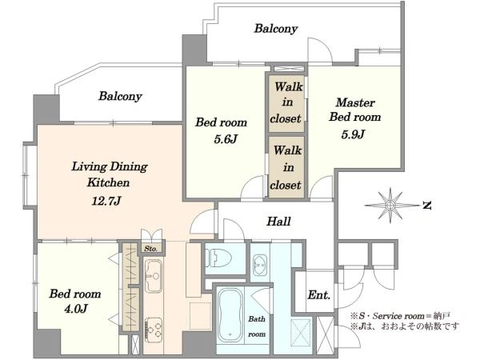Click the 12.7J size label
click(x=106, y=201)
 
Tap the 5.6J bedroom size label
click(x=226, y=139)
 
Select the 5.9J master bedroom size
click(x=353, y=134)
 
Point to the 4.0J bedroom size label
click(x=76, y=309)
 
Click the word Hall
click(x=278, y=222)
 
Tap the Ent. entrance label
click(x=319, y=294)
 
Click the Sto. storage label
click(x=150, y=249)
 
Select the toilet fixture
click(x=218, y=258)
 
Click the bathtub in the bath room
click(x=230, y=315)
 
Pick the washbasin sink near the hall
click(x=260, y=263)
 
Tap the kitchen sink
click(x=153, y=276)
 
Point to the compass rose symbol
click(x=390, y=206)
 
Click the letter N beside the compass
click(x=426, y=206)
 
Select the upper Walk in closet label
click(x=286, y=102)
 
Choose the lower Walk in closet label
click(x=286, y=167)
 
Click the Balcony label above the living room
click(x=120, y=96)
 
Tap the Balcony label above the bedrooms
click(x=276, y=29)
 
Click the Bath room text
click(x=257, y=326)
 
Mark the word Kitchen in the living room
click(x=108, y=182)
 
